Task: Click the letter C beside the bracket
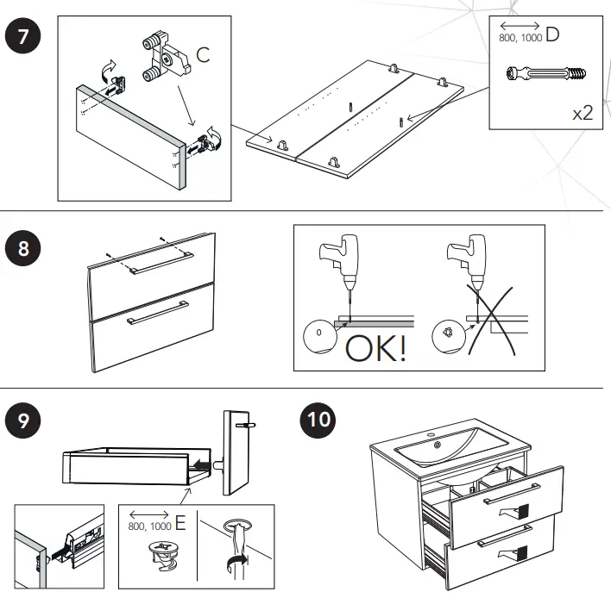point(203,55)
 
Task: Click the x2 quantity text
point(583,112)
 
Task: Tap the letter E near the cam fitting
point(180,523)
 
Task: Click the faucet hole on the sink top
point(436,445)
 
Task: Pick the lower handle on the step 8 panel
point(157,317)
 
